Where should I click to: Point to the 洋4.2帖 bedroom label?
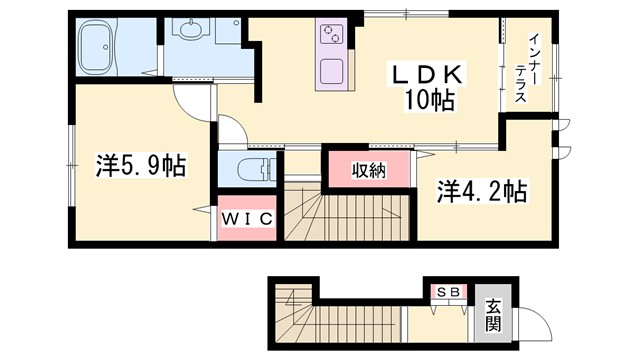click(x=482, y=190)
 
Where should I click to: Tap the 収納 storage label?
click(x=368, y=170)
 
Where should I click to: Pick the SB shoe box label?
click(x=446, y=291)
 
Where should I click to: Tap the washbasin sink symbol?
click(x=190, y=33)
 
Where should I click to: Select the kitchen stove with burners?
click(x=331, y=37)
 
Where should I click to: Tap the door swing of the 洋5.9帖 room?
click(x=194, y=100)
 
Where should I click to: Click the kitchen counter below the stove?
click(x=330, y=72)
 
